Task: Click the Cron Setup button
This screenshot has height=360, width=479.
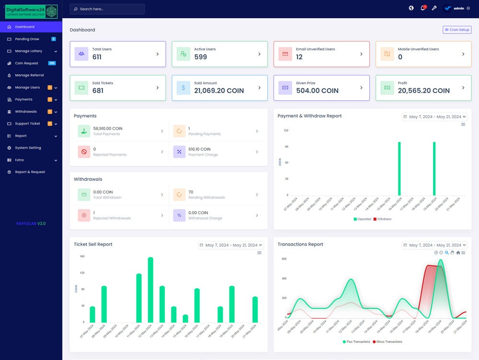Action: point(457,30)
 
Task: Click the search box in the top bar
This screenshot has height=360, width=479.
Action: point(107,9)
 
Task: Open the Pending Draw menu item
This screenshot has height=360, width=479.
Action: point(27,39)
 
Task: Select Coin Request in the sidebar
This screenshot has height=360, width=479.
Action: point(26,63)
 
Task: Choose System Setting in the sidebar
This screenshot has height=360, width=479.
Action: point(28,148)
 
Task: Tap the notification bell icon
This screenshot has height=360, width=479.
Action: point(422,8)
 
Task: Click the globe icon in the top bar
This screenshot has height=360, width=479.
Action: point(411,8)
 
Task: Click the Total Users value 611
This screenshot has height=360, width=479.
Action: point(97,57)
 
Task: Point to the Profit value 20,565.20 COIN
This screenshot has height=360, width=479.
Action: point(423,90)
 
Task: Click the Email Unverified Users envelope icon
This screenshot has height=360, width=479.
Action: point(285,54)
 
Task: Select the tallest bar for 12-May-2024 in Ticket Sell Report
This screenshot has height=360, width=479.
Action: point(150,290)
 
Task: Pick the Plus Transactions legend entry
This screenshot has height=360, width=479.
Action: point(356,342)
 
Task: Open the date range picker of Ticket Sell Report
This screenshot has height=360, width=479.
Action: point(231,245)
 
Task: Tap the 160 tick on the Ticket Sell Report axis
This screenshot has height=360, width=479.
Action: point(82,257)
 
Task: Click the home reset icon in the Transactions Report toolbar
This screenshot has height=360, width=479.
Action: point(458,253)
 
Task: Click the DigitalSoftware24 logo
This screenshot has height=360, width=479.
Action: point(31,11)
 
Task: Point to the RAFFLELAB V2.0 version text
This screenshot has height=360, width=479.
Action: point(31,224)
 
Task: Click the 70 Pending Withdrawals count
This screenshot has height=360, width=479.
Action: point(191,192)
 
